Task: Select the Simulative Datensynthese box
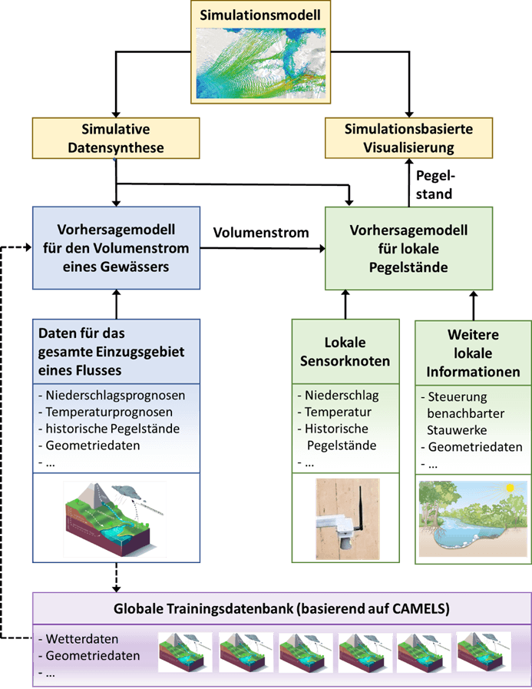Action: (115, 137)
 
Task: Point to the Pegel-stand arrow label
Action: (434, 186)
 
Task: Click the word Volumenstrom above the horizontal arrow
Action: (261, 232)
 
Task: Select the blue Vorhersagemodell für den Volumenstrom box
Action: (115, 247)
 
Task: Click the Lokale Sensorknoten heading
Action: (345, 352)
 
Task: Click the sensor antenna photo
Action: (345, 518)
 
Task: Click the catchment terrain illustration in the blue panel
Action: (115, 518)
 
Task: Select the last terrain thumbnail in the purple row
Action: (484, 652)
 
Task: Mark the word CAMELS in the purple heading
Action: (415, 610)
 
